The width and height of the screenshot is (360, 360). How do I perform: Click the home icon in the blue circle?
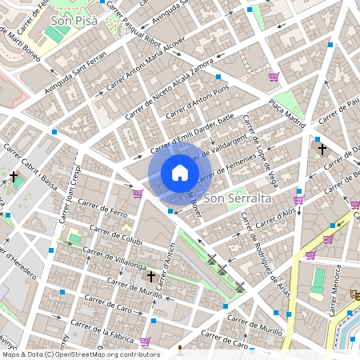[180, 174]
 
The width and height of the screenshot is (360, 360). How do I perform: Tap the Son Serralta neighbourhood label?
[238, 197]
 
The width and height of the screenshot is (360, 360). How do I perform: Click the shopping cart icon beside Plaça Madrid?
[274, 78]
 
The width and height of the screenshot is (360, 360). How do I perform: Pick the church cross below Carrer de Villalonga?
[150, 276]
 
